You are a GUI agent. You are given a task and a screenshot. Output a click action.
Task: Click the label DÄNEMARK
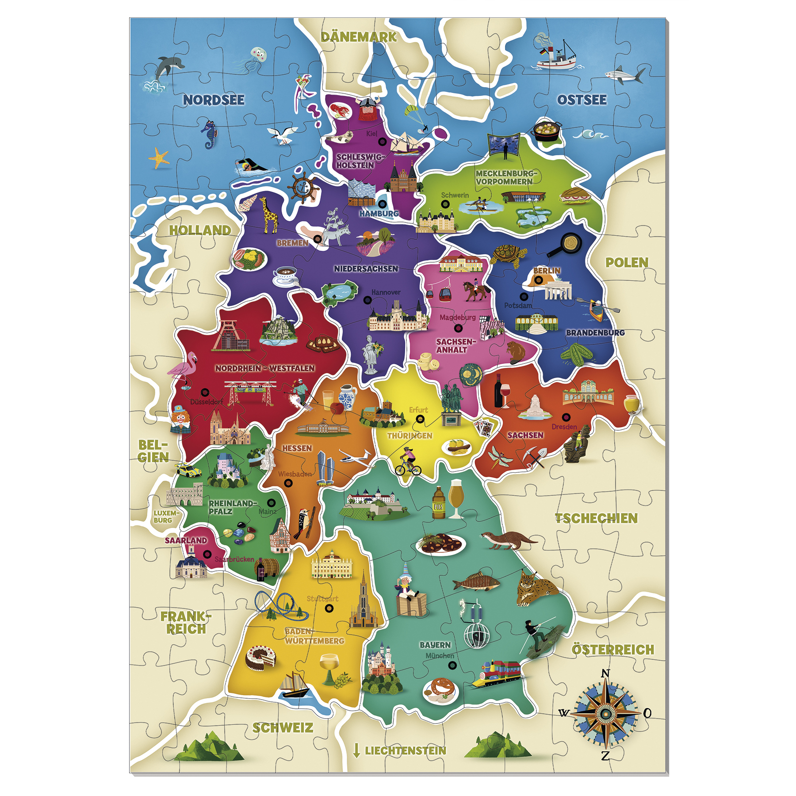point(359,37)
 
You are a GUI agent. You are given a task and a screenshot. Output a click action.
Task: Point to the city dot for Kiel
point(382,142)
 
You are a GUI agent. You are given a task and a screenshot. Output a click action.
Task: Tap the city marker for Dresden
point(566,417)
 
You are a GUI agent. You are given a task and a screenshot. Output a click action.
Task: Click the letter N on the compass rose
point(606,674)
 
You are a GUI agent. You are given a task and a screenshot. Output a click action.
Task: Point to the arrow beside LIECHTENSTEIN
point(356,750)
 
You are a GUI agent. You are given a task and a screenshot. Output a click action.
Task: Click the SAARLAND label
point(186,540)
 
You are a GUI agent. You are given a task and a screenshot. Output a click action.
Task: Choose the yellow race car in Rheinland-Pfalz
point(188,470)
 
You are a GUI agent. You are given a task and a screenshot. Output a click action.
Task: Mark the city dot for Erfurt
point(421,419)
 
